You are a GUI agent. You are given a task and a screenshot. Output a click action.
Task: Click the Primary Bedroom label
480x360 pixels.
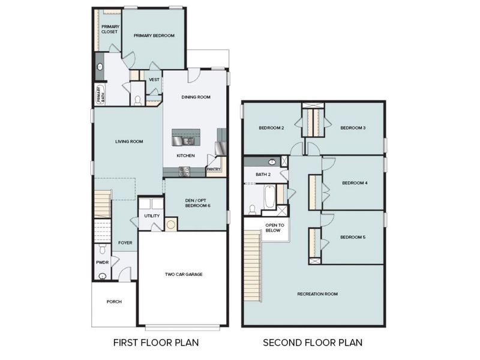tap(154, 35)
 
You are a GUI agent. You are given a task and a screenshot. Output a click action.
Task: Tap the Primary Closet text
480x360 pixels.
tap(109, 29)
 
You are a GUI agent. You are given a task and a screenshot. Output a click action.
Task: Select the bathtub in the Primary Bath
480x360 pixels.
tap(99, 95)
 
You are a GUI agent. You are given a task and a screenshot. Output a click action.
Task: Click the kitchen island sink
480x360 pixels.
tap(188, 141)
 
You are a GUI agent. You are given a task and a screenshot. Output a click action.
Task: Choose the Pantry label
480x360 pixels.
tap(214, 169)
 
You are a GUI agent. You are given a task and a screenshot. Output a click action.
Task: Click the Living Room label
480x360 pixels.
tap(129, 142)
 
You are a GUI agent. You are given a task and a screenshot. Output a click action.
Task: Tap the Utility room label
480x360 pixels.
tap(152, 215)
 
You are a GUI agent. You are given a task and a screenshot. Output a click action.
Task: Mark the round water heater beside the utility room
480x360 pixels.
tap(171, 224)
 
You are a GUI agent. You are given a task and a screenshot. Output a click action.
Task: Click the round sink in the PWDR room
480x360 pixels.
tap(102, 276)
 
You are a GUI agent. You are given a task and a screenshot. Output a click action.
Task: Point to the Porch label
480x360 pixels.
tap(114, 301)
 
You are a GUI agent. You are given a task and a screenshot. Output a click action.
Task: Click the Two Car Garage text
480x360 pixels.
tap(184, 274)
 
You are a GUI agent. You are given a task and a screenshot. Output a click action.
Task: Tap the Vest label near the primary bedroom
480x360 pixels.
tap(154, 79)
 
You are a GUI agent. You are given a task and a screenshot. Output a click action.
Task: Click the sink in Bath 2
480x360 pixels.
tap(271, 162)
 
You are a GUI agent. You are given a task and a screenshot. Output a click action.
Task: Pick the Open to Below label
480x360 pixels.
tap(273, 227)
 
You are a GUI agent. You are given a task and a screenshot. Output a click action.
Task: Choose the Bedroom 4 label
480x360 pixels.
tap(355, 182)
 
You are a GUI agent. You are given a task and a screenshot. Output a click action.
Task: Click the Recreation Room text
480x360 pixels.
tap(317, 294)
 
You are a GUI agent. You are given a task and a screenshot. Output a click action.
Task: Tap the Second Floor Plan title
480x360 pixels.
tap(313, 343)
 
